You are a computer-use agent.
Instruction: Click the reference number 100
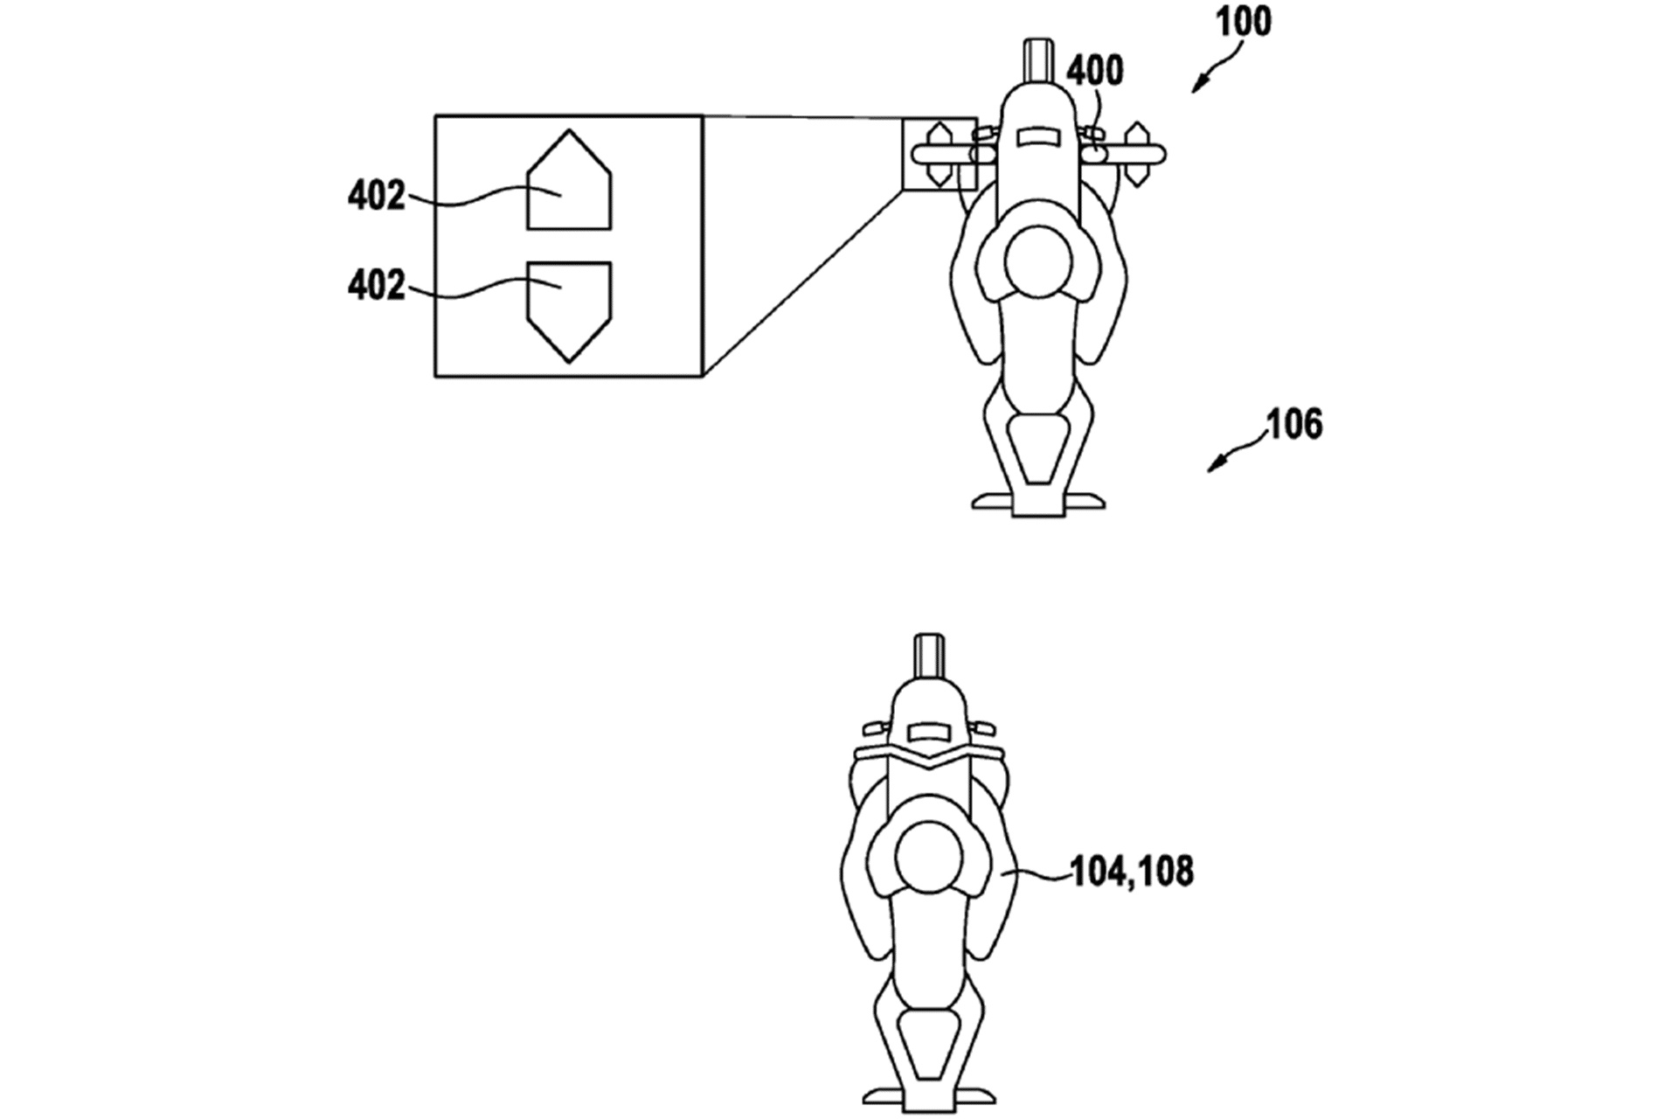(1245, 22)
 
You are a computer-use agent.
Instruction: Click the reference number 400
(1094, 71)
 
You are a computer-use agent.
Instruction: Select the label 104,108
(1132, 872)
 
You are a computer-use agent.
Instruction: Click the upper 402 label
(376, 196)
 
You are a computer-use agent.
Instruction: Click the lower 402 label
(376, 285)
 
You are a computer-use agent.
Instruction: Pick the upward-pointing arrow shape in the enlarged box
(569, 184)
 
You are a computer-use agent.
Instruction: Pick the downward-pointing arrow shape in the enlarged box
(569, 308)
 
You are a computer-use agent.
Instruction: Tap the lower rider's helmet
(929, 857)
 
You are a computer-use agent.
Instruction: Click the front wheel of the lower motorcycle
(929, 655)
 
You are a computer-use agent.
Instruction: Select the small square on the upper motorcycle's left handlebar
(939, 155)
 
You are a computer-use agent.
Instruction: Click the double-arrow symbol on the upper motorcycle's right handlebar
(1136, 155)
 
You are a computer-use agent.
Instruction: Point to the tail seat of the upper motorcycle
(1037, 448)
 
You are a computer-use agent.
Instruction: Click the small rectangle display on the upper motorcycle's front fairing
(1037, 136)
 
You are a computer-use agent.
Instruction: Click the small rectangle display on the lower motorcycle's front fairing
(929, 731)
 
